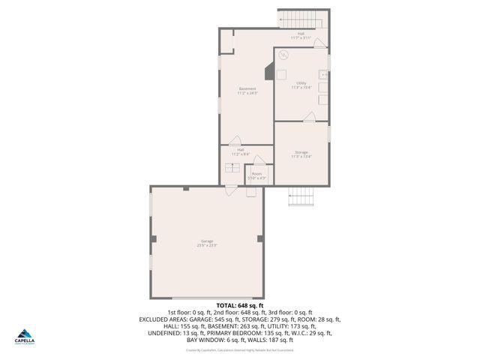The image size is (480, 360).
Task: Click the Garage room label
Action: tap(207, 241)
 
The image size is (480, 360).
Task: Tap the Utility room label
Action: tap(301, 82)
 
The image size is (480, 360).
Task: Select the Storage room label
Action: tap(301, 153)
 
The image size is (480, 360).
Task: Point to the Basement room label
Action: tap(247, 88)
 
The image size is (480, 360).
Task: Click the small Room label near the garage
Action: tap(257, 173)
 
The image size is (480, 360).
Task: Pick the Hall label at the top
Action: tap(301, 34)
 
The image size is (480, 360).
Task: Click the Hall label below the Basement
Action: tap(240, 149)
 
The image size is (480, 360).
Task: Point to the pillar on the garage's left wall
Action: tap(153, 238)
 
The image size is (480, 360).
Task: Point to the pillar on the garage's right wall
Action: tap(260, 238)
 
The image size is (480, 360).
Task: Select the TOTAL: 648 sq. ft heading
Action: tap(240, 305)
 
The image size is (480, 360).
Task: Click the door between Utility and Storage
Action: tap(308, 116)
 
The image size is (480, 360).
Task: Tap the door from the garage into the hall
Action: tap(233, 189)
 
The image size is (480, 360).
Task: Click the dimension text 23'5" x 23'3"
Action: tap(207, 245)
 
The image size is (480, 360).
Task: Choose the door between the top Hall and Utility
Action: tap(319, 43)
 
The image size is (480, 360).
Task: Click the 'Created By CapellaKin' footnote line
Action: tap(239, 349)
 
